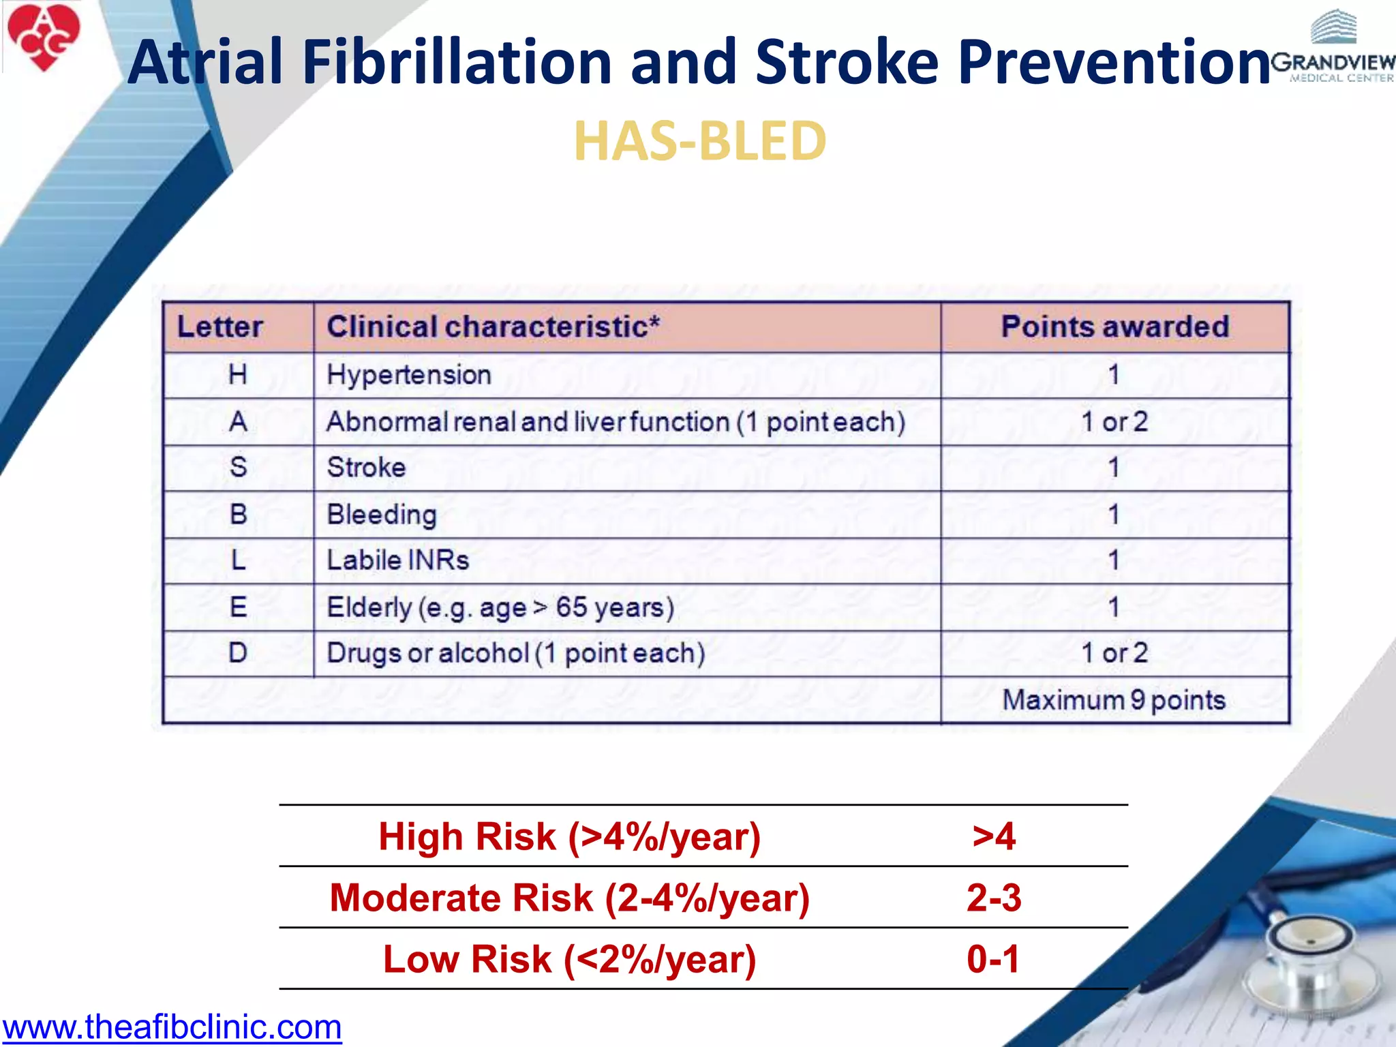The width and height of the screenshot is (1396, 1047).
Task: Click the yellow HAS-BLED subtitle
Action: (700, 141)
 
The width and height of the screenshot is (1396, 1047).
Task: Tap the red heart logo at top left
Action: (44, 36)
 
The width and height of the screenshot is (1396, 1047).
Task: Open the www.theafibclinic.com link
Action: (172, 1027)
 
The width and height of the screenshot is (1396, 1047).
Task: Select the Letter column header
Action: (219, 327)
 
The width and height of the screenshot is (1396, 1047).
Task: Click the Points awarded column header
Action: (1114, 327)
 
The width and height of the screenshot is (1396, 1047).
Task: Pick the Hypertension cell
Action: (409, 375)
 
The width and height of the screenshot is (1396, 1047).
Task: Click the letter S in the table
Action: (238, 468)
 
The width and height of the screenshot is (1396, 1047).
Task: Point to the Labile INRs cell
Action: (398, 560)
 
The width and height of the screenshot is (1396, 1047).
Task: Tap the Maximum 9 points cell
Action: (1114, 700)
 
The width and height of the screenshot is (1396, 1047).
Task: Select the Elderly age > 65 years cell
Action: (500, 607)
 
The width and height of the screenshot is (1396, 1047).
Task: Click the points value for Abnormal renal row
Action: (1114, 422)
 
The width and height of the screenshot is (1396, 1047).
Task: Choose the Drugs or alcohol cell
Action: (515, 653)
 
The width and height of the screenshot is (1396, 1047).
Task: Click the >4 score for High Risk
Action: (994, 836)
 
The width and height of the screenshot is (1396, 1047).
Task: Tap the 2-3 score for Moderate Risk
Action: (994, 898)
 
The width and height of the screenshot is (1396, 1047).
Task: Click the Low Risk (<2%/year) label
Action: (570, 959)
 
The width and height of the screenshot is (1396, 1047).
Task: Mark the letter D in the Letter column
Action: (238, 653)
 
